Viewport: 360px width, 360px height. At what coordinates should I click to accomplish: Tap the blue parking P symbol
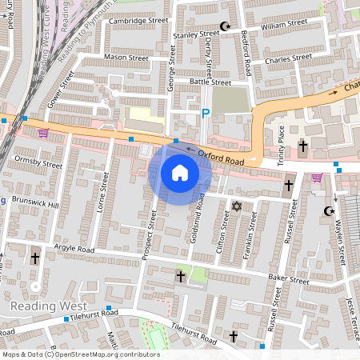pyautogui.click(x=205, y=114)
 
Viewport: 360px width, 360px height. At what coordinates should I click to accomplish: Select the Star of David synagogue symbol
pyautogui.click(x=236, y=207)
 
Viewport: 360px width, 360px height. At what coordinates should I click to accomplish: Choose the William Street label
pyautogui.click(x=284, y=26)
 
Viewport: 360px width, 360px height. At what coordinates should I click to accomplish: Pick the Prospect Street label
pyautogui.click(x=150, y=234)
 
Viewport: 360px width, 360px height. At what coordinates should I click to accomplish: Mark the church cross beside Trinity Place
pyautogui.click(x=302, y=146)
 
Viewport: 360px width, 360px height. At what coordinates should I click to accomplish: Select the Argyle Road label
pyautogui.click(x=74, y=250)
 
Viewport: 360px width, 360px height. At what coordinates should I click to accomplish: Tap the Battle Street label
pyautogui.click(x=210, y=82)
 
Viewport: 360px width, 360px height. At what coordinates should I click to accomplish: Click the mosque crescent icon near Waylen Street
pyautogui.click(x=327, y=211)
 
